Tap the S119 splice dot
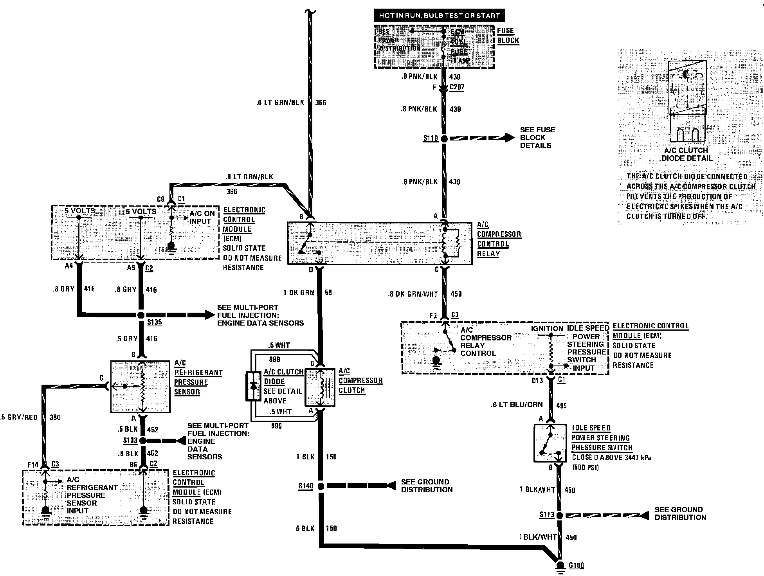tap(444, 139)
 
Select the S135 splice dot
tap(141, 315)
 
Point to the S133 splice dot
tap(143, 441)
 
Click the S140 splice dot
tap(321, 486)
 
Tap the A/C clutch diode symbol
tap(253, 386)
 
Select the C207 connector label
tap(457, 87)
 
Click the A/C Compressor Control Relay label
tap(498, 239)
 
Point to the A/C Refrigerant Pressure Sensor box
tap(141, 387)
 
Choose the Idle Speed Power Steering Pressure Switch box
tap(550, 443)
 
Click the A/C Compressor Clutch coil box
tap(320, 387)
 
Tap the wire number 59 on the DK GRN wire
tap(328, 292)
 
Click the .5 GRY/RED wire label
tap(19, 418)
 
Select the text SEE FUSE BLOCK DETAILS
tap(537, 138)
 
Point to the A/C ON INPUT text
tap(202, 218)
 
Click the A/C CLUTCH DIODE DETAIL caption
tap(687, 155)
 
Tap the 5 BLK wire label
tap(305, 529)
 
